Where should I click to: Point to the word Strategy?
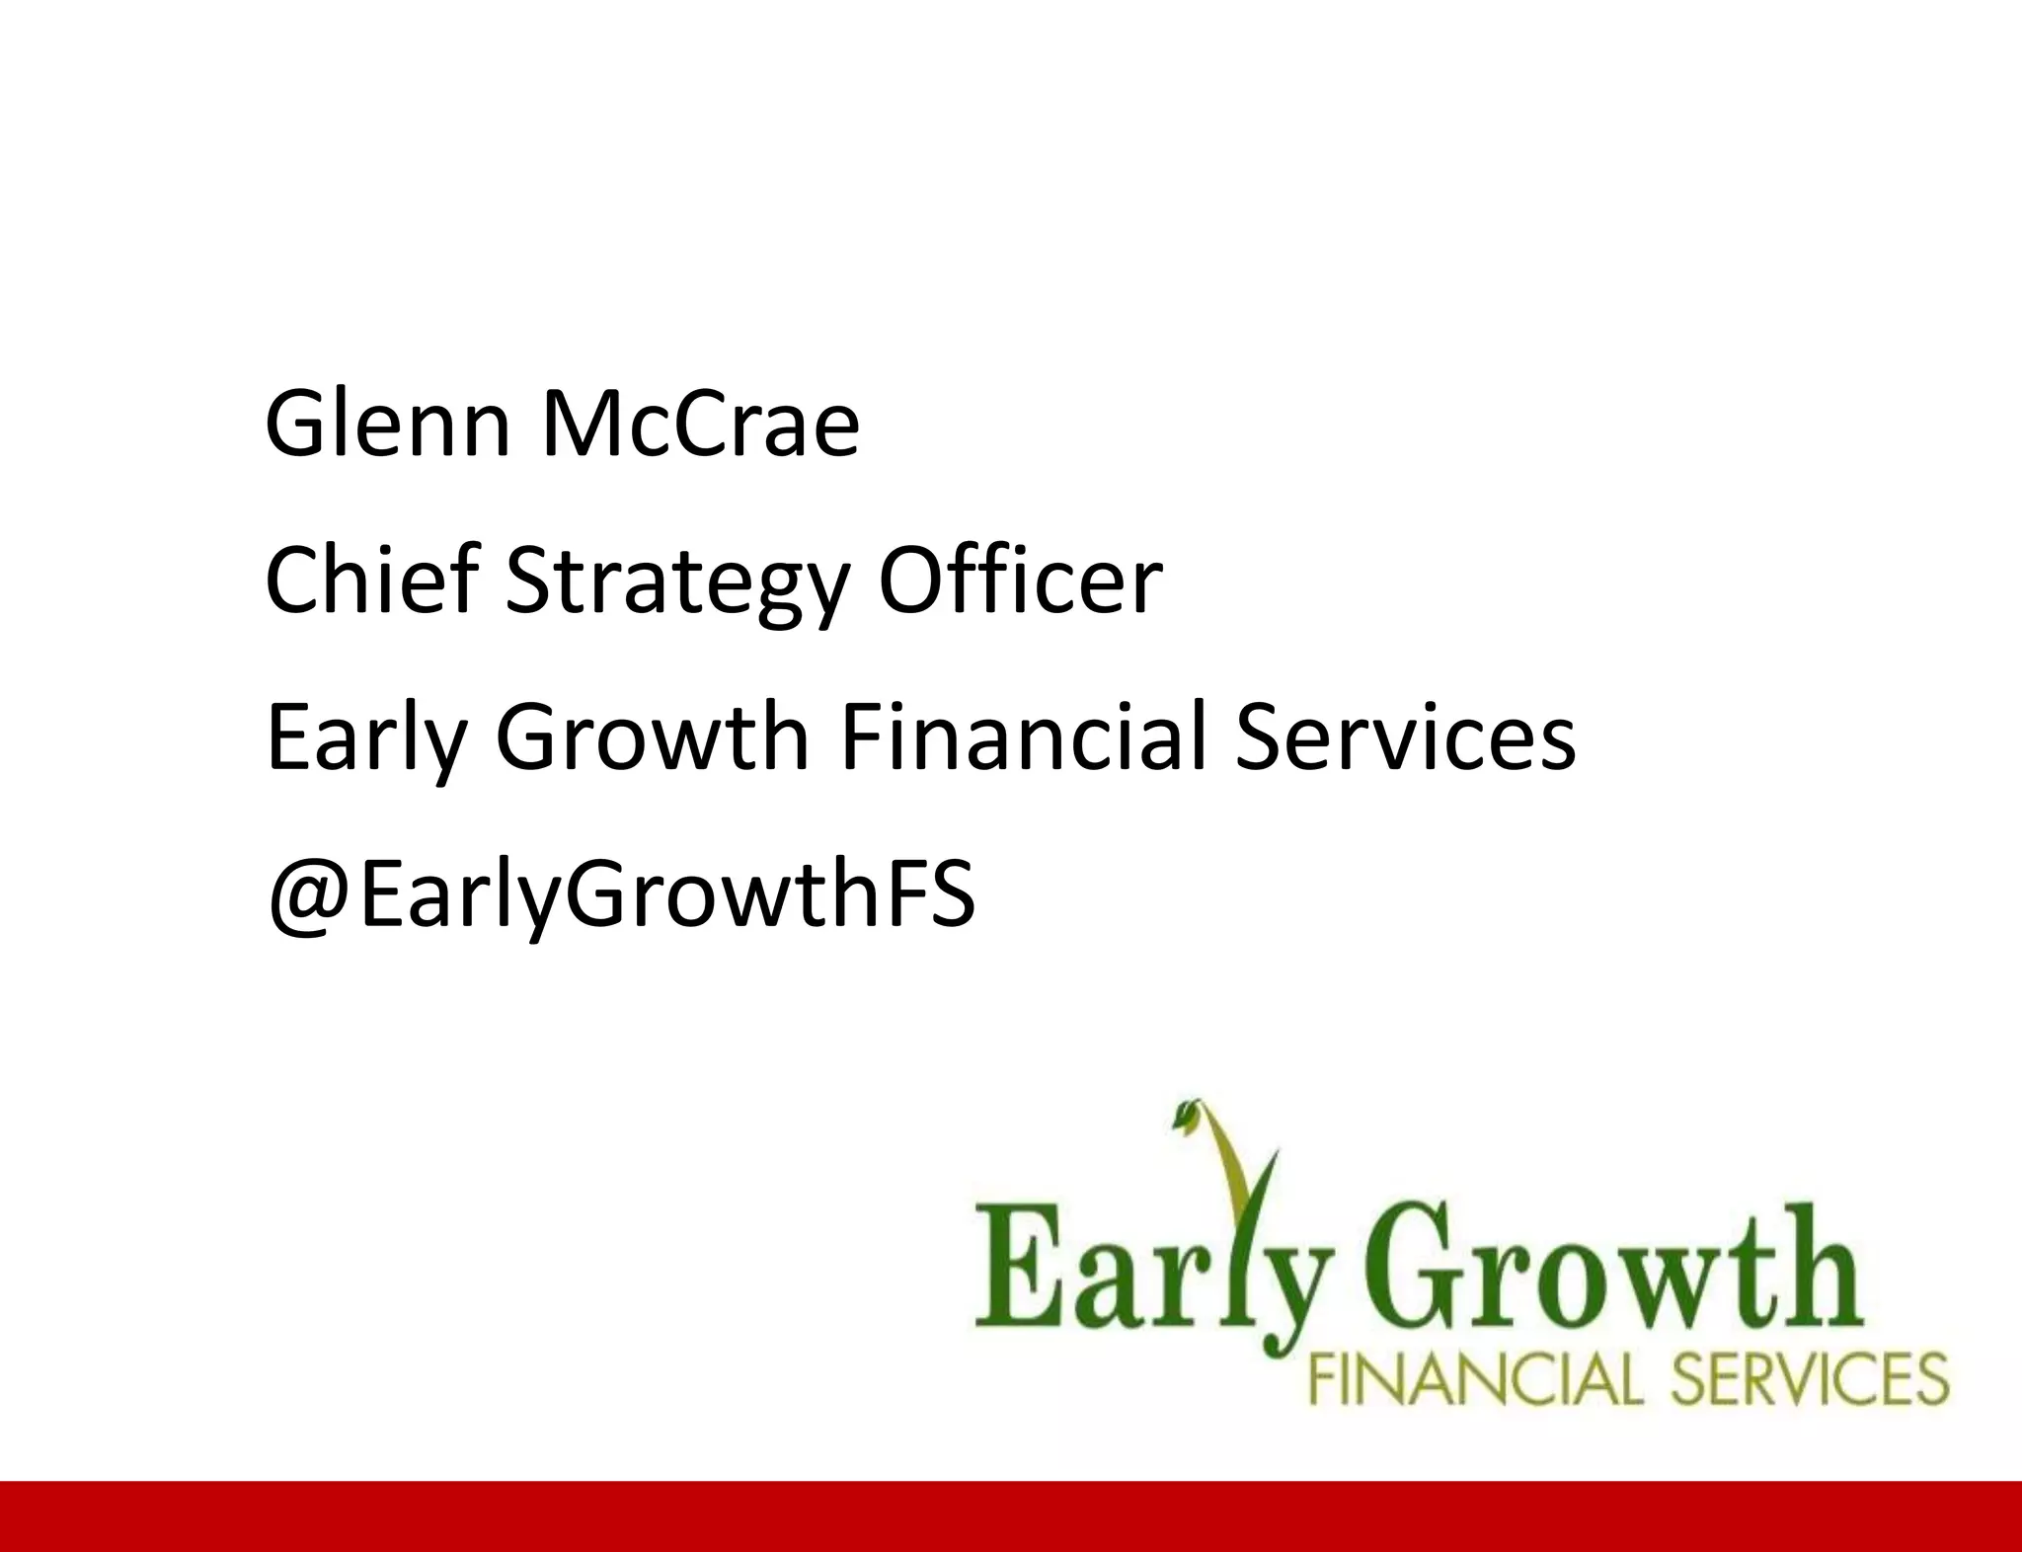pos(677,584)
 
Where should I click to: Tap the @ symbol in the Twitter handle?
pos(310,896)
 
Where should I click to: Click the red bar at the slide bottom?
pos(1011,1516)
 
